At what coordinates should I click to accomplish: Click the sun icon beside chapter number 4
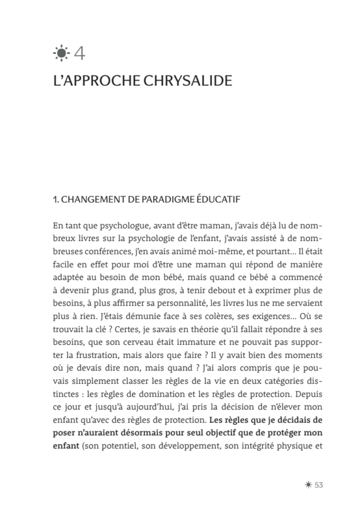click(x=61, y=53)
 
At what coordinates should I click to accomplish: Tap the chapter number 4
click(x=78, y=53)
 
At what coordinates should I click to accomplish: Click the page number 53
click(x=319, y=484)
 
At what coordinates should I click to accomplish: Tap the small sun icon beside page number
click(x=308, y=484)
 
